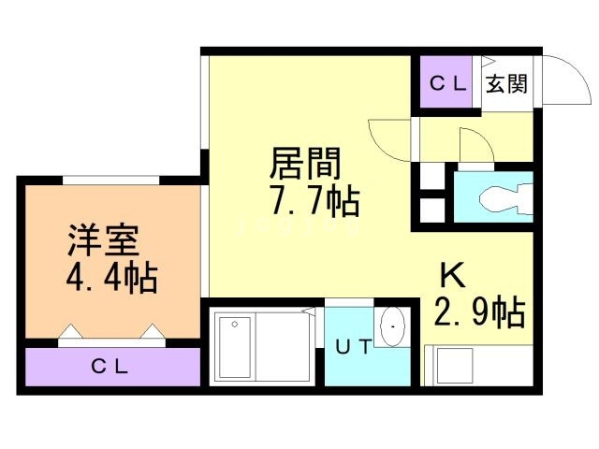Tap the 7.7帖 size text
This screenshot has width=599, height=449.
click(314, 200)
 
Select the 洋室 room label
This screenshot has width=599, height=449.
click(104, 240)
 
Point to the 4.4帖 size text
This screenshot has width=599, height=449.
click(111, 278)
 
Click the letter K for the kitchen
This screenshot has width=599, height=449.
click(453, 275)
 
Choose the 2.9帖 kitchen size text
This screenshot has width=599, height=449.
click(480, 311)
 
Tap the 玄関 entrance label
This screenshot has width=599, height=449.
click(506, 83)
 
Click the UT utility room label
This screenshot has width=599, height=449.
click(354, 347)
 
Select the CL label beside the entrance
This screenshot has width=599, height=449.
click(447, 83)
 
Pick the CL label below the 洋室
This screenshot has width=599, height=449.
click(110, 367)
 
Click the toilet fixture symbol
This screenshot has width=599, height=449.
click(505, 197)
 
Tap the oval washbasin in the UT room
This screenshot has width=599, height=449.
click(392, 326)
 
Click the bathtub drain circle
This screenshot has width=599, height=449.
click(235, 325)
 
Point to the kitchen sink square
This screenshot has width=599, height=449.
click(455, 366)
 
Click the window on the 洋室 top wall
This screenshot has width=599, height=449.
click(110, 181)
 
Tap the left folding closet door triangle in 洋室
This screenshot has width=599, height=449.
click(71, 331)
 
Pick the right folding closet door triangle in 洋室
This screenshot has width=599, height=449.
click(153, 331)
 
